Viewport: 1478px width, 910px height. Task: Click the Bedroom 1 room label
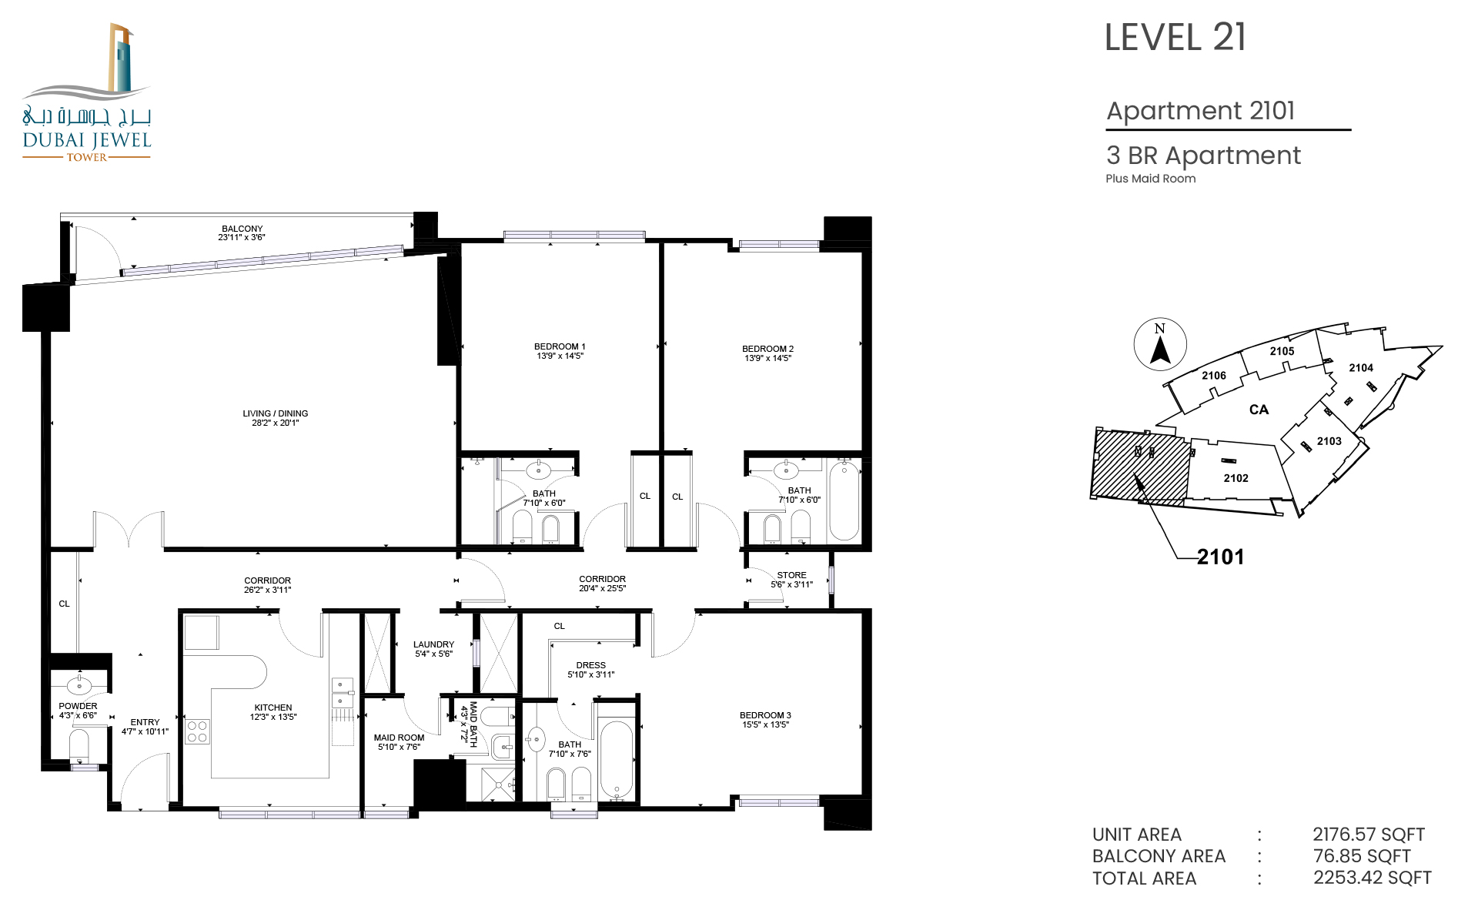pos(560,346)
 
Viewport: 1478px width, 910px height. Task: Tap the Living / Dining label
pos(275,413)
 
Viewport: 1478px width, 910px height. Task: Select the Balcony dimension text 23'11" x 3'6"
pos(242,237)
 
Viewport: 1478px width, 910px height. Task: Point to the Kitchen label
pos(273,708)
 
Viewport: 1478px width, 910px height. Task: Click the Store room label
pos(791,575)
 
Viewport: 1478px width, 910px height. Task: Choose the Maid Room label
pos(399,738)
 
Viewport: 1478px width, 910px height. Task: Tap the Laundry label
pos(433,644)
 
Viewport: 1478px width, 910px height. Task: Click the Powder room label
pos(78,706)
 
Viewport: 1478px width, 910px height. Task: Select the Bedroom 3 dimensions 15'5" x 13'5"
pos(765,724)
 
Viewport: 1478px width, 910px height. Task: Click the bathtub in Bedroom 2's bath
pos(844,500)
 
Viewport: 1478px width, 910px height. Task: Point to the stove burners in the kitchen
pos(197,731)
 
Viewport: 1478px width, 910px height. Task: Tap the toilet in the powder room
pos(79,745)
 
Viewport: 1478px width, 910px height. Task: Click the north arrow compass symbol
pos(1160,344)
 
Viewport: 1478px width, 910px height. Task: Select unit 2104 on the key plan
pos(1361,368)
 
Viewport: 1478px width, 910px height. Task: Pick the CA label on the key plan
pos(1259,410)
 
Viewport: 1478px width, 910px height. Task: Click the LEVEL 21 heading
pos(1175,38)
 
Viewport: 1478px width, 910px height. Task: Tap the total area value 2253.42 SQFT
pos(1373,878)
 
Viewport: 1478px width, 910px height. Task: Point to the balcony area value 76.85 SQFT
pos(1362,856)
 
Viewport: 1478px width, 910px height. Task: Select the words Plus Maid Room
pos(1151,179)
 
